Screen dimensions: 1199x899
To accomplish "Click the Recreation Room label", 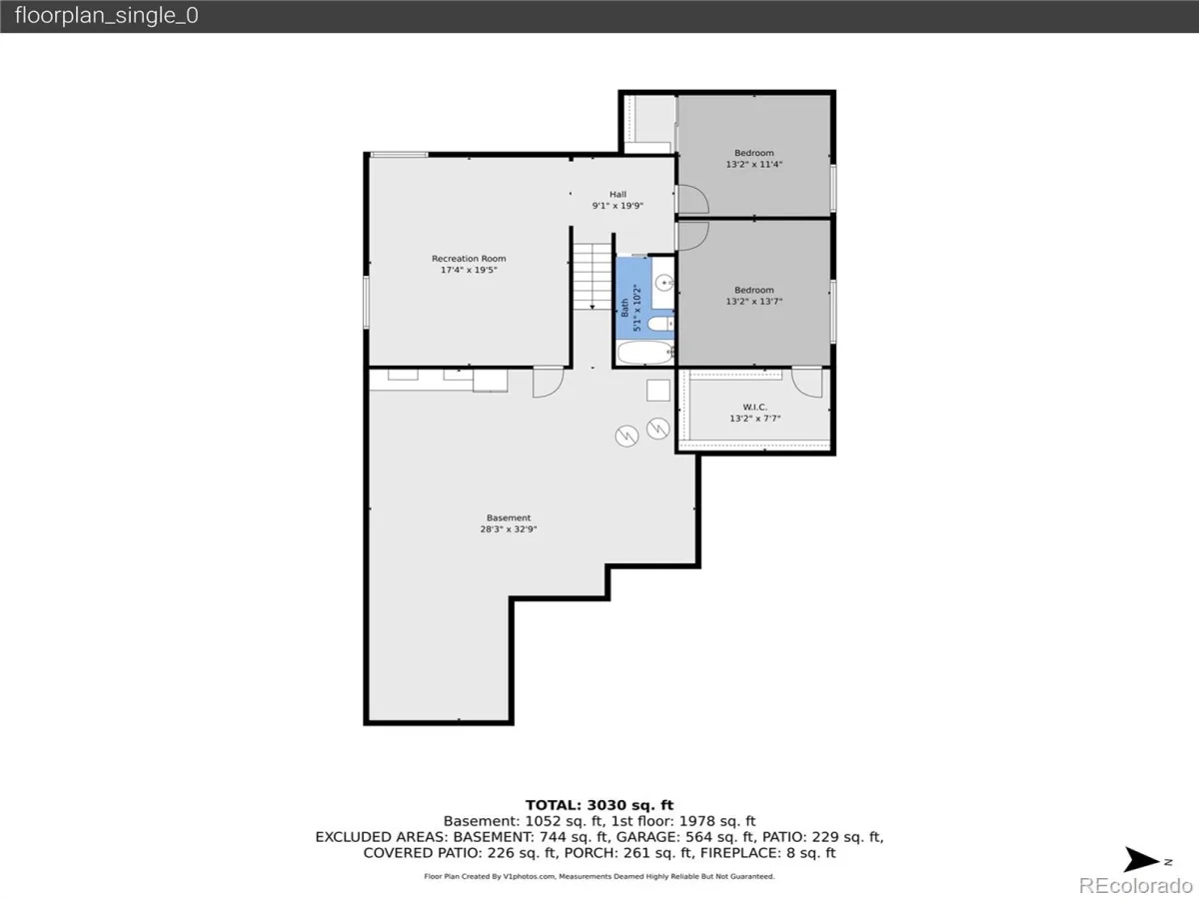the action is point(469,264).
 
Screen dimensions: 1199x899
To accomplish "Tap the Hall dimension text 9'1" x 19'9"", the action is point(617,206).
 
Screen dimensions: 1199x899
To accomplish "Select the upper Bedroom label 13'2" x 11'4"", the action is point(753,158).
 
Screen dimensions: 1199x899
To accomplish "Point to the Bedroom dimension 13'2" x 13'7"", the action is point(753,302).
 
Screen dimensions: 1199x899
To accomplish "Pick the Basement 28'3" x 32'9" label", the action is point(509,522).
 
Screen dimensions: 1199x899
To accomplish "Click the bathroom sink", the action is point(664,283).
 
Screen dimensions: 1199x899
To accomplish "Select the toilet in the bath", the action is point(660,324).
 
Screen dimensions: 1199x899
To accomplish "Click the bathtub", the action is point(645,353).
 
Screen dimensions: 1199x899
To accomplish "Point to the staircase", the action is point(593,277).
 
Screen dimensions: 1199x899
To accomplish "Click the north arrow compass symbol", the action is point(1142,860).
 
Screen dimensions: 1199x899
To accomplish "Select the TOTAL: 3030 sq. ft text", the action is point(599,805).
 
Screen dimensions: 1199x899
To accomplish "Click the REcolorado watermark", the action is point(1136,885).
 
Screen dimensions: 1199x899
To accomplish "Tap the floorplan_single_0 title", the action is point(107,15).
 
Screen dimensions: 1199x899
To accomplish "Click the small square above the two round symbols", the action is point(658,391).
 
